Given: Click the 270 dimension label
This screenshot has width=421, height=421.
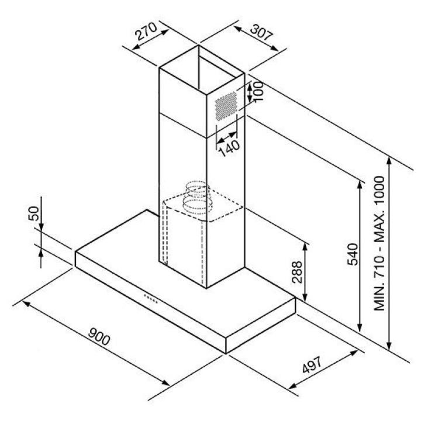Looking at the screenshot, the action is click(146, 31).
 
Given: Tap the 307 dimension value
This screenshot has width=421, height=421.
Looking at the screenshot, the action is click(261, 33).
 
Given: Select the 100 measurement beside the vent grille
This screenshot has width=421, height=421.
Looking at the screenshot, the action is click(258, 91).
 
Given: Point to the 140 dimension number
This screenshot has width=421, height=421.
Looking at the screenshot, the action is click(230, 149).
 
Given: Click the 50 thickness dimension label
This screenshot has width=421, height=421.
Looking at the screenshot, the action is click(34, 213).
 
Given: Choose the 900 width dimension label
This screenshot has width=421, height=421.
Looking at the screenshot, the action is click(99, 336).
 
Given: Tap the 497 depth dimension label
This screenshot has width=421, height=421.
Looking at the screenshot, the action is click(312, 365).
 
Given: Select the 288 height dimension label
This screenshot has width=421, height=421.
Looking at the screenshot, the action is click(297, 272).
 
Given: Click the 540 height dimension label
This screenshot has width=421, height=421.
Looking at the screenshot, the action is click(353, 254).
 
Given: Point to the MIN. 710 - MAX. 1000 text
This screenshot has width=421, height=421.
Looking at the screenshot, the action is click(379, 243).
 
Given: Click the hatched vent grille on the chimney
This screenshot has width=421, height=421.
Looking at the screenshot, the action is click(226, 106).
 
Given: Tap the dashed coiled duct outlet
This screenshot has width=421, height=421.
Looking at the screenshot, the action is click(197, 198).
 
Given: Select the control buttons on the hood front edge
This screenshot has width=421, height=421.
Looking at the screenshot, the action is click(151, 299).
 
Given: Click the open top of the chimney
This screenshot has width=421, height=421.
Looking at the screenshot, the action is click(202, 70).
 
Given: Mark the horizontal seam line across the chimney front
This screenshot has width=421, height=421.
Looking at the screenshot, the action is click(183, 125).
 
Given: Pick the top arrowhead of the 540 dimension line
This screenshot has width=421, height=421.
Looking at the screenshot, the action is click(360, 184).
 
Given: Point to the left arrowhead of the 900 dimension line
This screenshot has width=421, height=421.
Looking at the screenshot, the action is click(26, 303).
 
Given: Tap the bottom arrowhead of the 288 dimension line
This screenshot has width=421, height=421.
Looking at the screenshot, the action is click(305, 298).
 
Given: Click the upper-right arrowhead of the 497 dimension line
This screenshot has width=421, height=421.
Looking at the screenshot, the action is click(354, 353).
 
